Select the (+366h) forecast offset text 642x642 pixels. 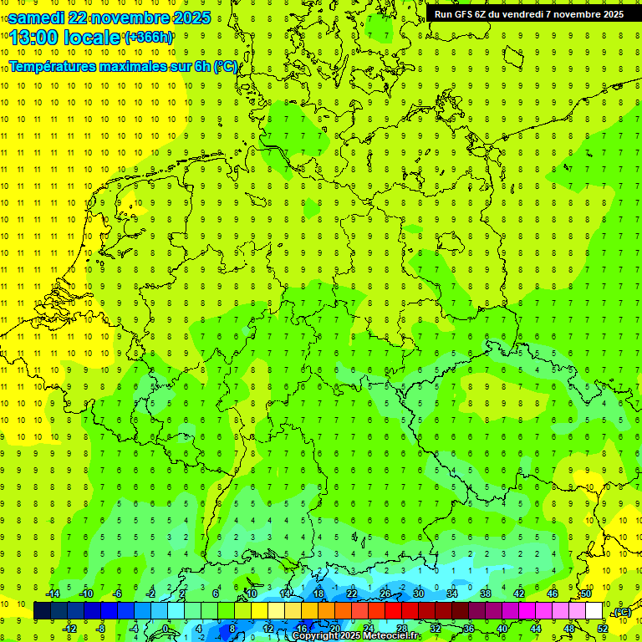click(x=149, y=38)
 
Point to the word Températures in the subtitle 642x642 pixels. click(x=49, y=66)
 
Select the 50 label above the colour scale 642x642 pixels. click(x=586, y=594)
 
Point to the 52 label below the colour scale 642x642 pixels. click(x=603, y=629)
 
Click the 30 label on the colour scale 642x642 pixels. click(x=419, y=594)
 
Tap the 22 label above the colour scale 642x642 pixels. click(x=352, y=594)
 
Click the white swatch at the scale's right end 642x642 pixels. click(x=594, y=611)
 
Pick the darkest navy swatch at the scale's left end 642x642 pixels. click(x=42, y=611)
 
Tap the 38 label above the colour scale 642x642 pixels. click(x=486, y=594)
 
